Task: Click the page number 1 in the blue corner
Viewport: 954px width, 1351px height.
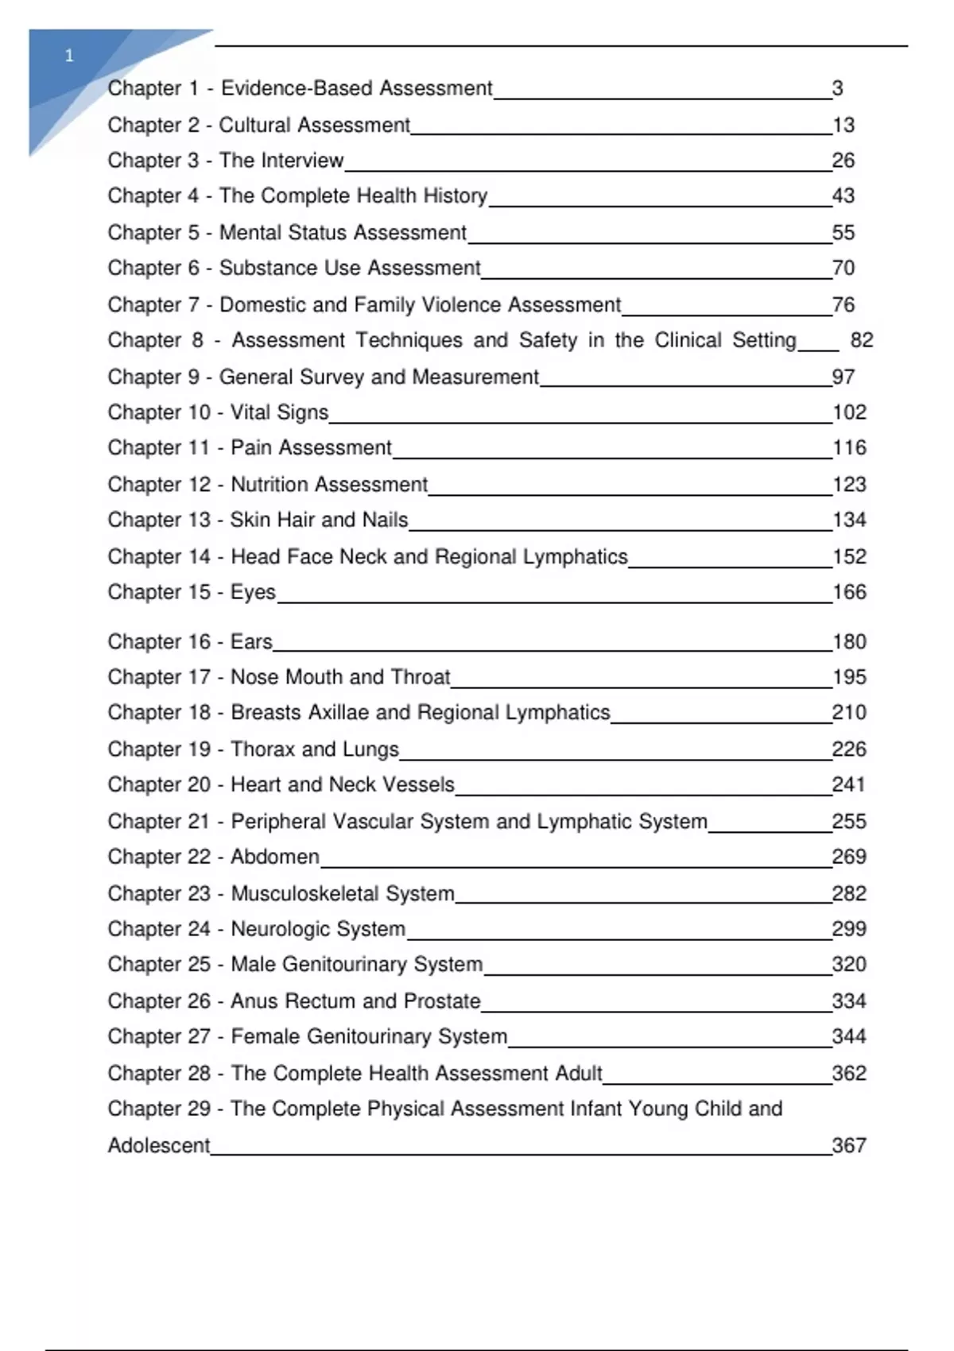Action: pos(69,56)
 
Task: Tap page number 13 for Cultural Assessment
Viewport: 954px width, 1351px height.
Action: pos(843,125)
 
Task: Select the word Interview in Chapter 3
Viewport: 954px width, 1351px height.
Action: pos(305,161)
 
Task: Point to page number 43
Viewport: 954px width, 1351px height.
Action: pos(843,195)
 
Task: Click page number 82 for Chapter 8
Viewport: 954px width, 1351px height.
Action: pos(861,340)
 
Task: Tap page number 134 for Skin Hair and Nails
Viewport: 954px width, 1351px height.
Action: pos(848,520)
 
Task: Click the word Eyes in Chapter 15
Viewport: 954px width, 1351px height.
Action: pos(253,592)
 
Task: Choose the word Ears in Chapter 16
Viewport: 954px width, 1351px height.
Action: pos(251,641)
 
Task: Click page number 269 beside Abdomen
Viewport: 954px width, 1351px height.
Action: pos(848,857)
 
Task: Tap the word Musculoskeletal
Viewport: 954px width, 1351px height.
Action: pos(304,893)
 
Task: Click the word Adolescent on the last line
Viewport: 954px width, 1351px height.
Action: pos(159,1145)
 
